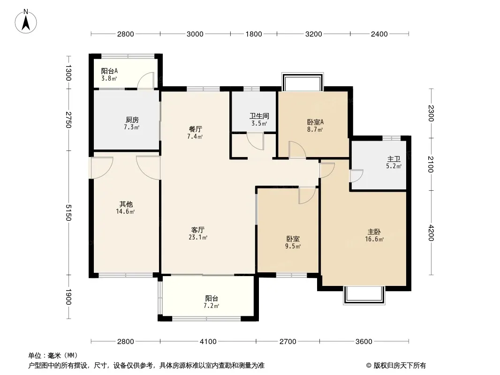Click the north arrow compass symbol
pos(26,21)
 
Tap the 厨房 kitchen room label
pos(132,120)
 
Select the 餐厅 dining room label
pos(195,129)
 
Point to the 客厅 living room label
pos(198,230)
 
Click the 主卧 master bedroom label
pos(374,232)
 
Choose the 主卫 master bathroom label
pos(394,158)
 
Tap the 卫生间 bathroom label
pos(259,116)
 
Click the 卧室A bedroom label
pos(315,122)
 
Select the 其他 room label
pos(126,204)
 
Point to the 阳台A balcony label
pos(109,71)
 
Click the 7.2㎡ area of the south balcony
pos(212,306)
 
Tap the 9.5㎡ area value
pos(293,246)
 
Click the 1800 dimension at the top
pos(254,34)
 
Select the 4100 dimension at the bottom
pos(208,342)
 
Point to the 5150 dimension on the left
pos(68,212)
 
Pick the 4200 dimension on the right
pos(431,233)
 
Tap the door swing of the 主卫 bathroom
pos(357,176)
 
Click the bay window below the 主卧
pos(364,295)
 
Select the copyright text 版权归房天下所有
pos(400,366)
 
